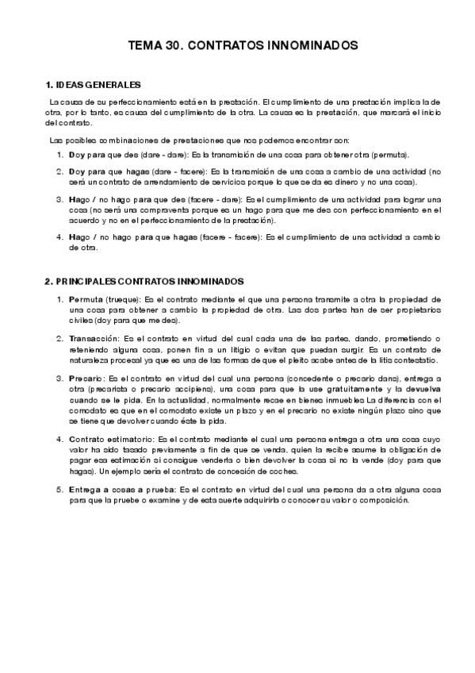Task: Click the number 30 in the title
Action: pyautogui.click(x=174, y=47)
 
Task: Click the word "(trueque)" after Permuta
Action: pyautogui.click(x=121, y=298)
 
